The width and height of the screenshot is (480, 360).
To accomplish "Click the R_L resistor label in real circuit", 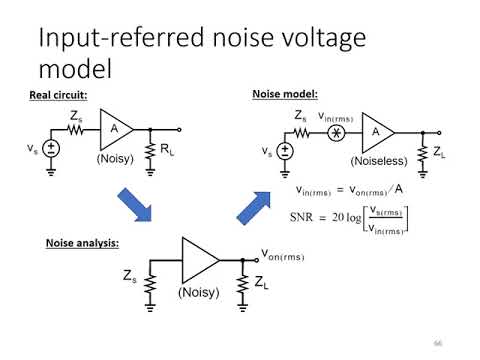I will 169,151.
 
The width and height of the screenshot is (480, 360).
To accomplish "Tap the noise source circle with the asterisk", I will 337,131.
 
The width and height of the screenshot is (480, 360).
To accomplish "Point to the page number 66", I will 437,343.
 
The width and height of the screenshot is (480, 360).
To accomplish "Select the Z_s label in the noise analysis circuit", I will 130,275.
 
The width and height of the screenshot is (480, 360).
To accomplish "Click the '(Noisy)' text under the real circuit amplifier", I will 116,158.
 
